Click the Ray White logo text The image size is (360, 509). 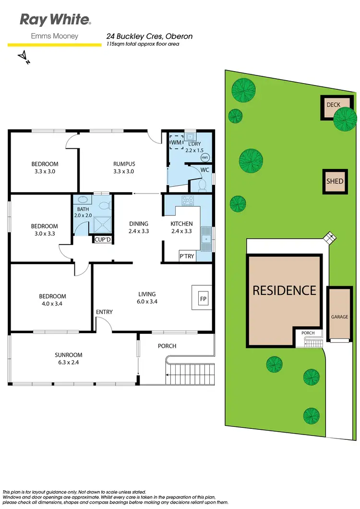[x=55, y=20]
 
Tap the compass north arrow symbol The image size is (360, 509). [x=23, y=58]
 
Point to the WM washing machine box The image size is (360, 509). [x=176, y=142]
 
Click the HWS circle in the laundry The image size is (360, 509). [x=205, y=158]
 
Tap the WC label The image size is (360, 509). [x=205, y=170]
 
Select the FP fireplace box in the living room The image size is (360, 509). [x=201, y=298]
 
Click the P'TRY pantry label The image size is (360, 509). [x=187, y=256]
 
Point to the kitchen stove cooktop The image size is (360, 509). [x=187, y=201]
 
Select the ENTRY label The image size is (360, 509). [x=104, y=312]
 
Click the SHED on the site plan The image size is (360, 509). [x=335, y=182]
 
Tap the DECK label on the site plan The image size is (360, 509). [x=333, y=105]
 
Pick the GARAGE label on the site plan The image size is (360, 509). [x=339, y=317]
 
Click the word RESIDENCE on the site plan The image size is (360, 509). [x=284, y=290]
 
